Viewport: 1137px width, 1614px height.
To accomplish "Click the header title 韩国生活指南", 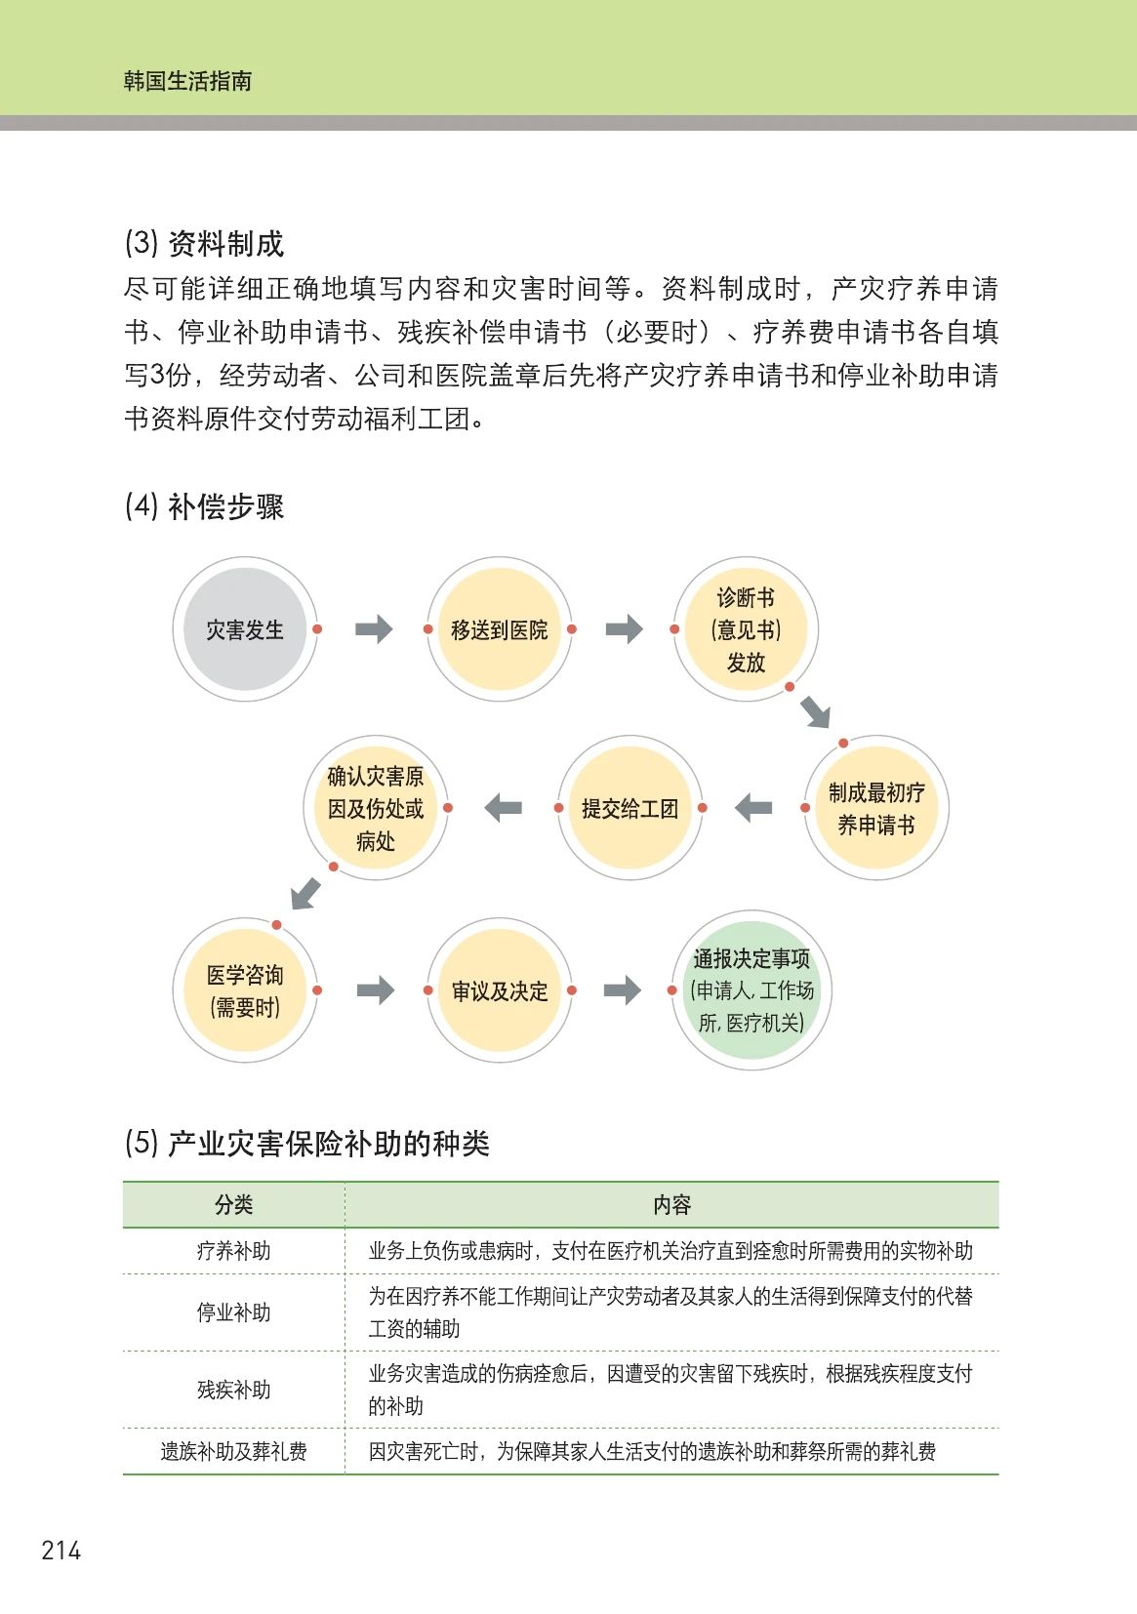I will pos(187,81).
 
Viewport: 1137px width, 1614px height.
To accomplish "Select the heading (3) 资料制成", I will pos(204,244).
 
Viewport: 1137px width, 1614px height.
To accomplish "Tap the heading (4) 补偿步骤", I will pos(204,506).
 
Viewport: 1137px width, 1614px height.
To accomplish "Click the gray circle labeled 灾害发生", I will pos(244,629).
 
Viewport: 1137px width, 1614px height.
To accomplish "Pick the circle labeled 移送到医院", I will pos(499,629).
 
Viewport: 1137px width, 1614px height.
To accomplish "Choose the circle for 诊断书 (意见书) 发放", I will pos(746,629).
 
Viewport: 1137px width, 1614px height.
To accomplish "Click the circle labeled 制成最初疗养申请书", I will pos(875,808).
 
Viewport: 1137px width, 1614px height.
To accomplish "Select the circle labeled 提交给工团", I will pos(629,808).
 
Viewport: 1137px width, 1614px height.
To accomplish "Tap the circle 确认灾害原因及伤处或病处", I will pos(376,808).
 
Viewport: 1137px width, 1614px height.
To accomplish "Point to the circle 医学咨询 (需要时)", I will pos(244,990).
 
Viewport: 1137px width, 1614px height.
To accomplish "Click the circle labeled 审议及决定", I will pos(499,990).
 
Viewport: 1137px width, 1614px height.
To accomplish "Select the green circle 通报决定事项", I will pos(751,990).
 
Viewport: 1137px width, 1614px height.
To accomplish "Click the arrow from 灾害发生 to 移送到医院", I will pos(373,629).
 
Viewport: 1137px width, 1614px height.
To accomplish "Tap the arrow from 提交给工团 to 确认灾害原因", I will pos(504,808).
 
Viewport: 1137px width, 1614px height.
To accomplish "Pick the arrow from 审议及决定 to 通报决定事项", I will pos(622,990).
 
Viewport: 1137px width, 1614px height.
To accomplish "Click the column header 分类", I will pos(233,1205).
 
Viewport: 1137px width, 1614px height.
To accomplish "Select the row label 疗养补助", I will pos(233,1251).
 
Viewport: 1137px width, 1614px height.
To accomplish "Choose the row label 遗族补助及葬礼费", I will pos(233,1452).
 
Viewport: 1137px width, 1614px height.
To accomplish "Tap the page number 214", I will pos(61,1551).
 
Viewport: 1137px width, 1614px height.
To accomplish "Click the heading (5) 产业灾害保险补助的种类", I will pos(306,1144).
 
